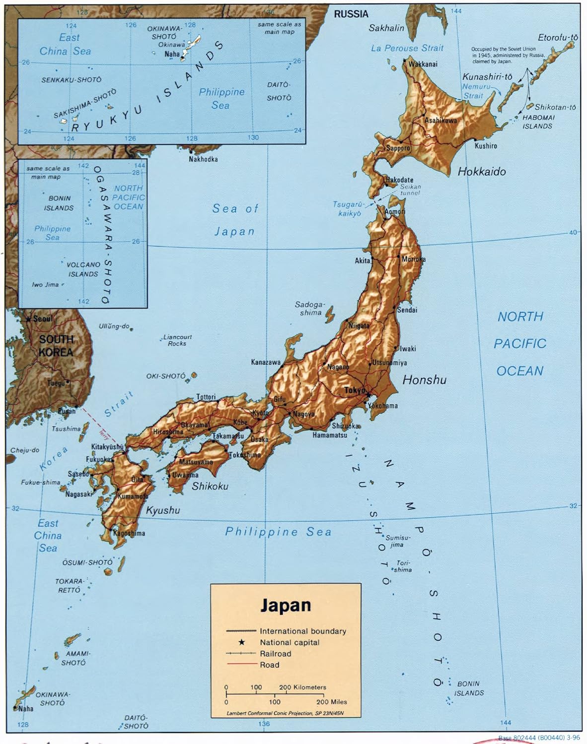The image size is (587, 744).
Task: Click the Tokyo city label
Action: (355, 391)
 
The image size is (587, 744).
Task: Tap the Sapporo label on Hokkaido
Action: (398, 148)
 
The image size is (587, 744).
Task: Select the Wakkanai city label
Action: (423, 64)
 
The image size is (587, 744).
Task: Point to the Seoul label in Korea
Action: (42, 318)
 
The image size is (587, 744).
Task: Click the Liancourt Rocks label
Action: (177, 340)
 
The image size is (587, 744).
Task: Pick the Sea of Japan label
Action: (235, 220)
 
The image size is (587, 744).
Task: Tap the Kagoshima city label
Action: (129, 533)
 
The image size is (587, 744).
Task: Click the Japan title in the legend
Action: (286, 605)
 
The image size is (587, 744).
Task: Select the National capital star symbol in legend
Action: (242, 642)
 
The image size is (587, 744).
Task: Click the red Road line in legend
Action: (242, 665)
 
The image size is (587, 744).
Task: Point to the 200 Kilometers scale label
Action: (302, 687)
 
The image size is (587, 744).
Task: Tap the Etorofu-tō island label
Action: (558, 38)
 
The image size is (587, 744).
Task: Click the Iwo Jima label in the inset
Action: (45, 285)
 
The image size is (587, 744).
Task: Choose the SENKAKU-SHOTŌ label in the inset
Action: (72, 79)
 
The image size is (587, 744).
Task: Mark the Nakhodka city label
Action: (203, 159)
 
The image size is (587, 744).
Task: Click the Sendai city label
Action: (407, 310)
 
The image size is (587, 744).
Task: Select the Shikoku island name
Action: (210, 486)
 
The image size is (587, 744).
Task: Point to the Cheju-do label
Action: (25, 450)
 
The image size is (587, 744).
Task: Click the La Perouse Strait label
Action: (407, 48)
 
